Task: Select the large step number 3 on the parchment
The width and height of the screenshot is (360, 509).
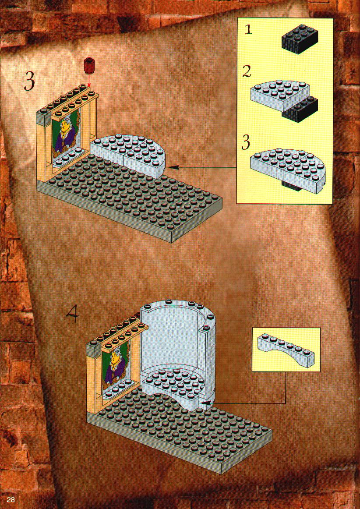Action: tap(29, 81)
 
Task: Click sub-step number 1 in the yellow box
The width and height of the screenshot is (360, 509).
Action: tap(248, 30)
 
